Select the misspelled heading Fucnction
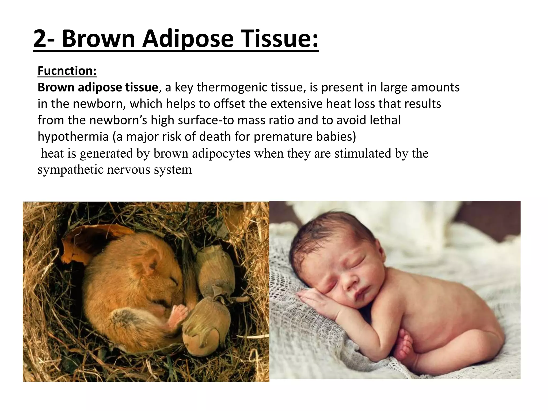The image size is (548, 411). coord(67,71)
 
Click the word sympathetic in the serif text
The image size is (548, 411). coord(70,170)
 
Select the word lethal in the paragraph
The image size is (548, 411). coord(385,120)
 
